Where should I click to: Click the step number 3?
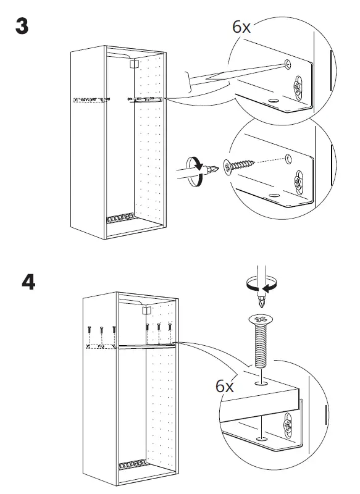(22, 26)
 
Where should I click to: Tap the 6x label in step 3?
(241, 27)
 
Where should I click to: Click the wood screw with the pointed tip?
(239, 165)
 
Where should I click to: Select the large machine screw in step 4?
(260, 341)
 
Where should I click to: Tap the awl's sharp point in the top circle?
(287, 65)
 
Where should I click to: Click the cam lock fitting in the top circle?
(298, 88)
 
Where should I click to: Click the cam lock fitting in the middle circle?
(299, 182)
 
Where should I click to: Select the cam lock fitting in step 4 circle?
(288, 425)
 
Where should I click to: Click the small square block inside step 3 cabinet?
(134, 64)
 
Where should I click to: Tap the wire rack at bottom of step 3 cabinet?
(120, 218)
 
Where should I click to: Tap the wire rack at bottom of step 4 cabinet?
(133, 464)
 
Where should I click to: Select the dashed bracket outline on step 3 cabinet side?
(89, 100)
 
